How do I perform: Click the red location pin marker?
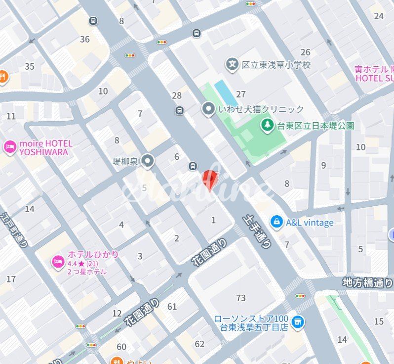pos(210,179)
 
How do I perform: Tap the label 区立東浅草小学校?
pos(276,65)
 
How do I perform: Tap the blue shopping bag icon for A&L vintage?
pos(276,223)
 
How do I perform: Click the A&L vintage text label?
pos(310,223)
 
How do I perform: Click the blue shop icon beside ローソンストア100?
pos(297,322)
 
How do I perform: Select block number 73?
pos(241,298)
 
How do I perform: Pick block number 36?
pos(85,39)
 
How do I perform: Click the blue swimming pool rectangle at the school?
pos(226,92)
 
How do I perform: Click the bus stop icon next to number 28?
pos(179,110)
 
